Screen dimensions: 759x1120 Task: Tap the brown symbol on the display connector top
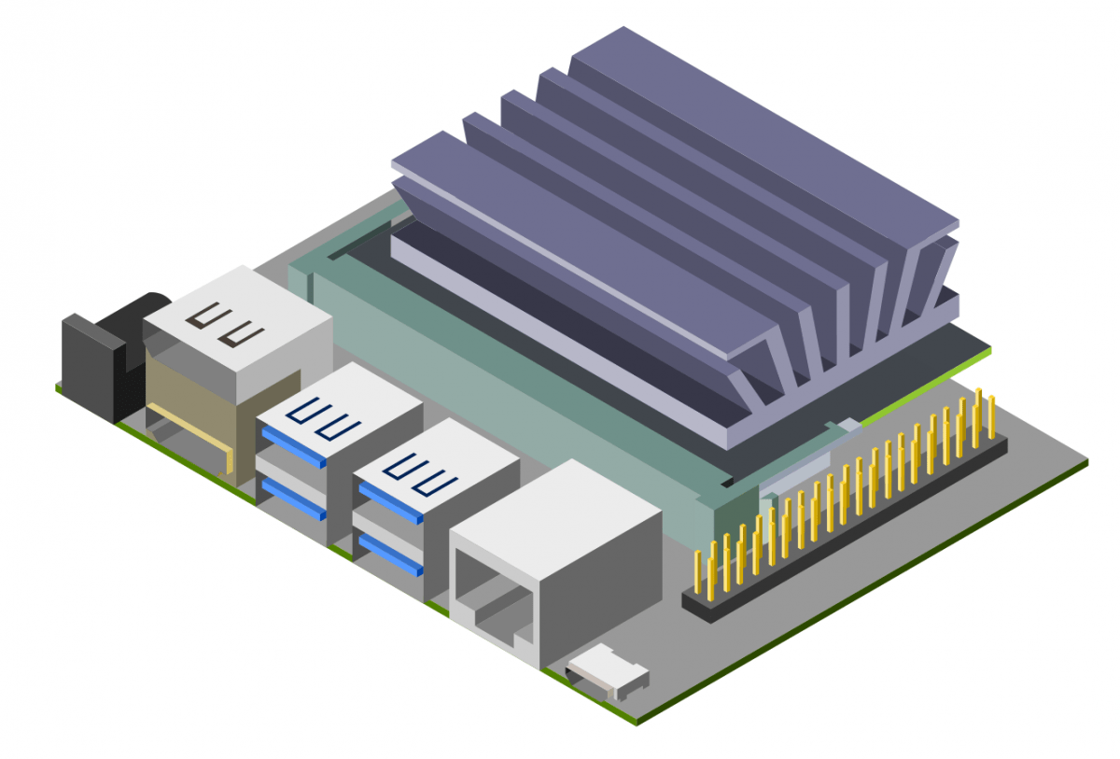pyautogui.click(x=225, y=326)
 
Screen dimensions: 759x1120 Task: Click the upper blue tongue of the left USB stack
pyautogui.click(x=294, y=447)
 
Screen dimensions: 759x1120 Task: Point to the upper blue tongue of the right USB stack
pyautogui.click(x=390, y=501)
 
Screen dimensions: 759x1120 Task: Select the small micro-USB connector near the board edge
pyautogui.click(x=608, y=674)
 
